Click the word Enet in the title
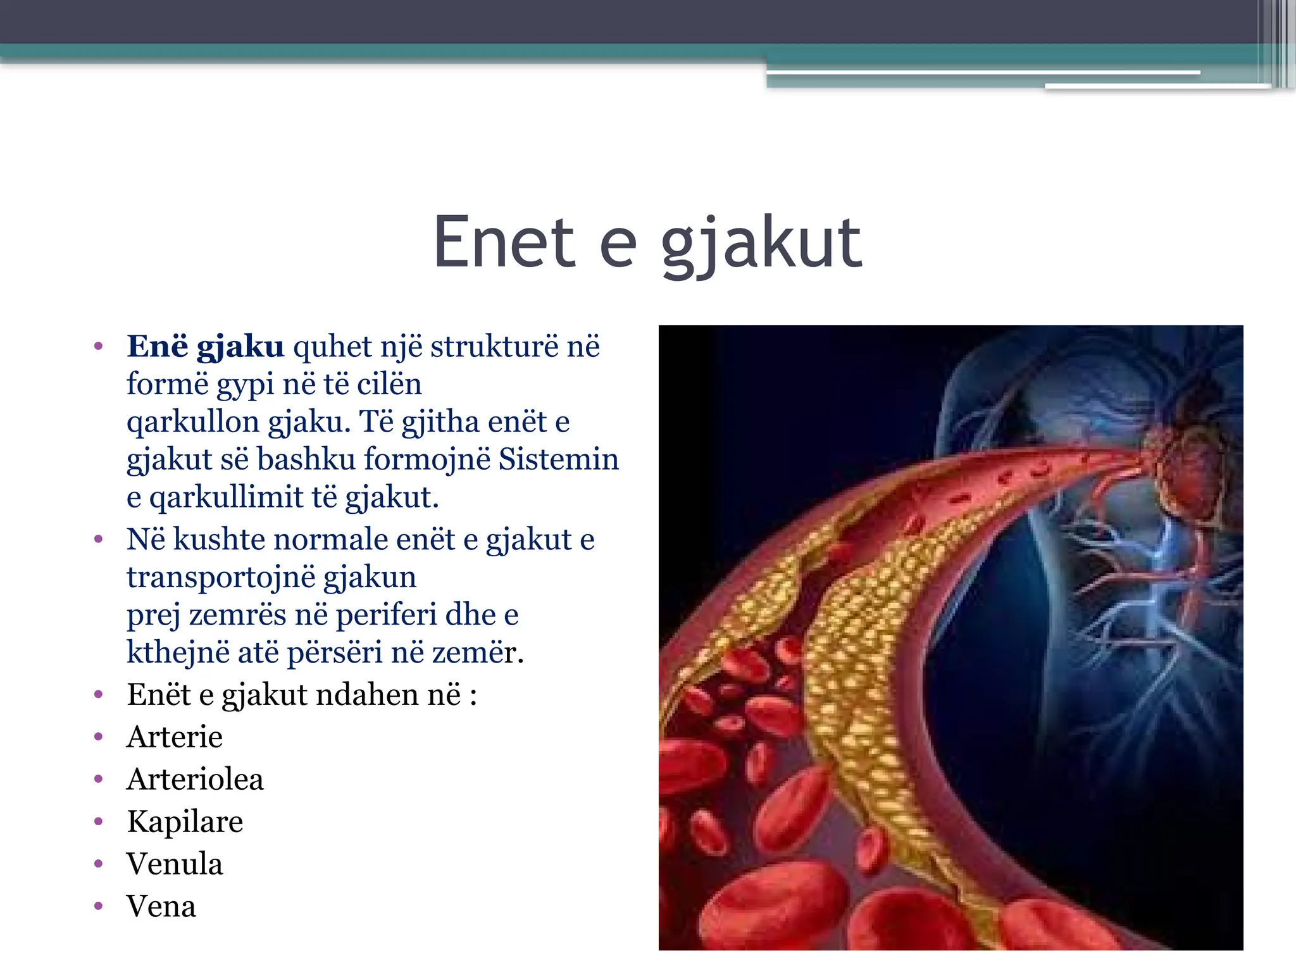point(504,242)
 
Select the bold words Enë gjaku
point(205,347)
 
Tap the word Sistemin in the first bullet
point(558,459)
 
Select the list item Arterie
point(175,737)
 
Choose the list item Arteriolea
point(195,779)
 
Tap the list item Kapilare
point(185,821)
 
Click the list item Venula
point(175,864)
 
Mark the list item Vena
point(161,906)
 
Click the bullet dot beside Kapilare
point(98,822)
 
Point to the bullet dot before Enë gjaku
point(98,347)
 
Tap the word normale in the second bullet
point(331,540)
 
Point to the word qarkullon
point(193,422)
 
